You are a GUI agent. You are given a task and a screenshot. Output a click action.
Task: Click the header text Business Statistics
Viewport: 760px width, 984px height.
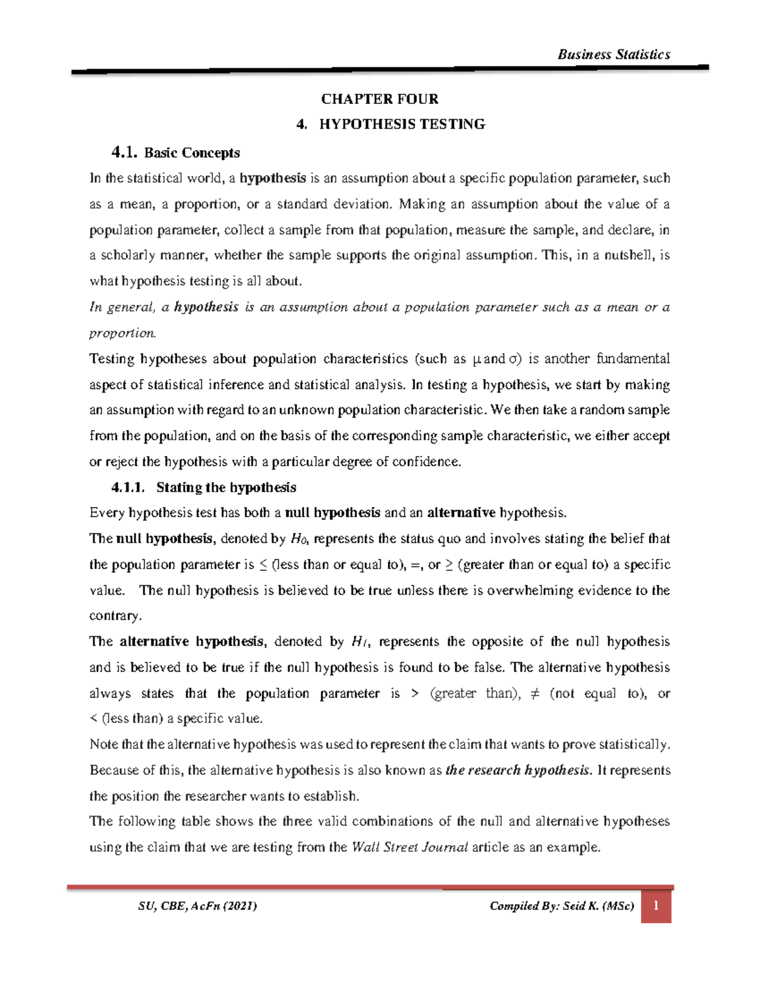click(613, 54)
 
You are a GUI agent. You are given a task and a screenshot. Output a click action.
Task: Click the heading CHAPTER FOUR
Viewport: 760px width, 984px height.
click(379, 99)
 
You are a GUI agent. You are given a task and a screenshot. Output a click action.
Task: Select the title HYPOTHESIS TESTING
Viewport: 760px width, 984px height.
click(402, 124)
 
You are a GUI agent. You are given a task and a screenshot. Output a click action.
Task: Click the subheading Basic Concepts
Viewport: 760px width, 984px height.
click(192, 153)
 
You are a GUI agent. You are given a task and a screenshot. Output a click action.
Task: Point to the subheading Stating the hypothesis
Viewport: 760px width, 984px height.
click(226, 487)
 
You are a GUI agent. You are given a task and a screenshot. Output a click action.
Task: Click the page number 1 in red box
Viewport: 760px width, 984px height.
click(656, 906)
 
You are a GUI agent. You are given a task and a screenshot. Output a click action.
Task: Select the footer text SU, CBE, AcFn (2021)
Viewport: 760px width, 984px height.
click(197, 906)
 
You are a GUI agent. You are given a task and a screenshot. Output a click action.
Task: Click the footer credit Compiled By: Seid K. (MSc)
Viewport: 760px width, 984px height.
click(562, 906)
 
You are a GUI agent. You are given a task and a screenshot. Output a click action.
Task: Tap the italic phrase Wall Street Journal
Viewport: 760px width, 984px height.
click(410, 847)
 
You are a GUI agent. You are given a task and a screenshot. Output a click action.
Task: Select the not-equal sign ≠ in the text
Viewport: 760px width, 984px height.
click(533, 693)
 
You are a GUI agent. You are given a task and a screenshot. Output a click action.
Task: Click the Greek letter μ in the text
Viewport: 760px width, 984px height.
click(478, 359)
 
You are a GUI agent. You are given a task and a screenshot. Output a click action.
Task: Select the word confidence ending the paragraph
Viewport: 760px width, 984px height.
click(427, 461)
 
